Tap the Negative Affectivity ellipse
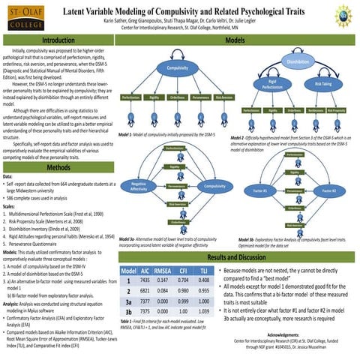(x=139, y=186)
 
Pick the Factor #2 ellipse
(x=329, y=191)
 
